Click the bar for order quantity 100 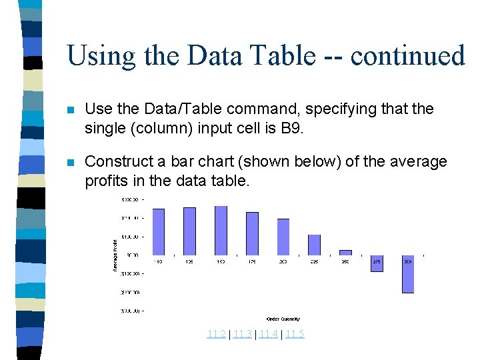tap(159, 232)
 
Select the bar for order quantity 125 tap(189, 231)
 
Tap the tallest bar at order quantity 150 tap(221, 230)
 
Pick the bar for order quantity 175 tap(252, 233)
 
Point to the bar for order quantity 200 tap(283, 237)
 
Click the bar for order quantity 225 tap(314, 245)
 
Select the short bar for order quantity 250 tap(345, 253)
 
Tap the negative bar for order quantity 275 tap(377, 263)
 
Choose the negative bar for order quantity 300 tap(408, 274)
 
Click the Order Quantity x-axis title tap(283, 319)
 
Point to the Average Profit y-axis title tap(115, 255)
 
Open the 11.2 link tap(216, 334)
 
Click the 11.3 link tap(242, 334)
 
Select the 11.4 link tap(268, 334)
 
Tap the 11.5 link tap(294, 334)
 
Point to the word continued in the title tap(407, 55)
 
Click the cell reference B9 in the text tap(289, 127)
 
